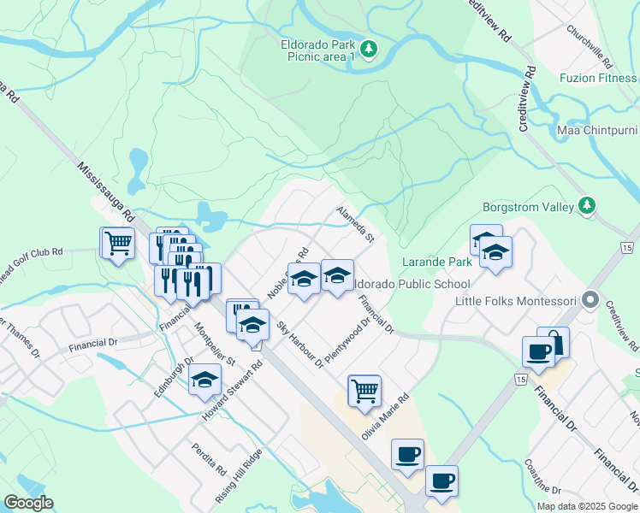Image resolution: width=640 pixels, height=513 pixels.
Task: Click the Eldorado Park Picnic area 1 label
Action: (317, 50)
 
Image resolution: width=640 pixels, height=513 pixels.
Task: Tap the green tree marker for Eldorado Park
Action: (369, 50)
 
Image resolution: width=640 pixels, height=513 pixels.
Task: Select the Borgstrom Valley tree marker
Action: (586, 205)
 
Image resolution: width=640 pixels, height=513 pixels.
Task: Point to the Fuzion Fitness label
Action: (599, 78)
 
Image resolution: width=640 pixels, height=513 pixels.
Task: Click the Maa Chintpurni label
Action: (597, 130)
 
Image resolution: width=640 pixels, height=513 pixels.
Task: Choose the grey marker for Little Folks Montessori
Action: (590, 300)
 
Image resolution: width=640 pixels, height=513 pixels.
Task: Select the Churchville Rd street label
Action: (589, 47)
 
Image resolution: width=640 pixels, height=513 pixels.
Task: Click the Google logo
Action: (28, 503)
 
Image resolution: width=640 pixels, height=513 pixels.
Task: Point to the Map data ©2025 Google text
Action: (587, 506)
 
